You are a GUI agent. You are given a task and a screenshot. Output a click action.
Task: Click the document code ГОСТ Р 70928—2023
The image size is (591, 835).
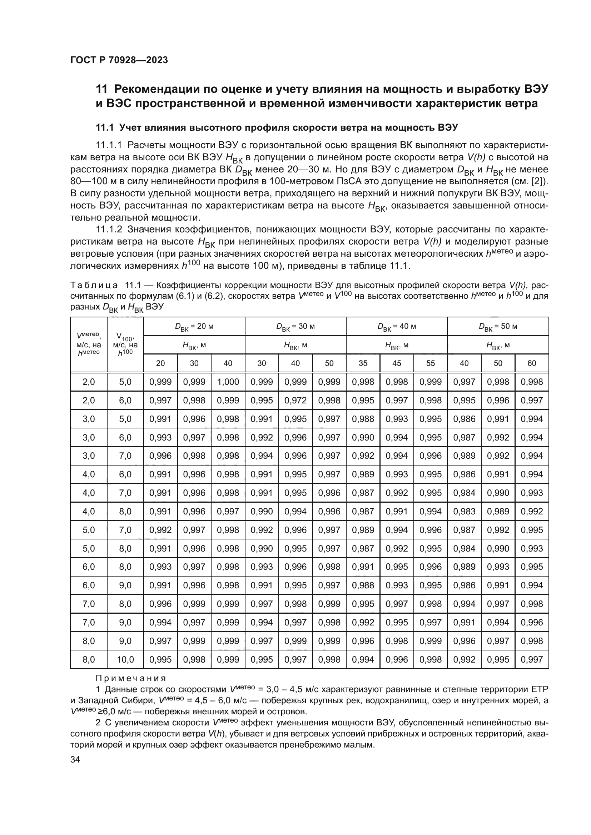(119, 60)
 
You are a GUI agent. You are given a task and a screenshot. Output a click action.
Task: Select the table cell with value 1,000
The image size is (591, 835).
(228, 382)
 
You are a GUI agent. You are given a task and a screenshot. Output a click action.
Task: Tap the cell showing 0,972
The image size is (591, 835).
(295, 401)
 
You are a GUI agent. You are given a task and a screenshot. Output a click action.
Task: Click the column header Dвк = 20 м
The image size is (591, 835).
(194, 327)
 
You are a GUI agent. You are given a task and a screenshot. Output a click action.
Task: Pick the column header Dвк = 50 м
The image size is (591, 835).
(498, 327)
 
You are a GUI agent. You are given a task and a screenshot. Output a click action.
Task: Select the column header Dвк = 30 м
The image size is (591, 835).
(295, 327)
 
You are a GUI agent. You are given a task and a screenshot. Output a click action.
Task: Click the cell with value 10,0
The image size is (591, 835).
(125, 659)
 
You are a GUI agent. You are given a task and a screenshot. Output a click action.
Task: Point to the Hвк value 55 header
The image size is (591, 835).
(430, 363)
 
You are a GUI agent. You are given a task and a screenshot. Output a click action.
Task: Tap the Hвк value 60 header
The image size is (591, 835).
(531, 363)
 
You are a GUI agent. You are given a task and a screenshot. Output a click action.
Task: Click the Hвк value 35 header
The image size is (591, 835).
(363, 363)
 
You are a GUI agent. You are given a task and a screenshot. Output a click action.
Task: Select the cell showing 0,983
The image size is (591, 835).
(464, 511)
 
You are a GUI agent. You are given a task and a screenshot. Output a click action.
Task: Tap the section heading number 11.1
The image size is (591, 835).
(104, 128)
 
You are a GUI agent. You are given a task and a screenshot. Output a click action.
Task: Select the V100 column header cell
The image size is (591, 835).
(125, 344)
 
